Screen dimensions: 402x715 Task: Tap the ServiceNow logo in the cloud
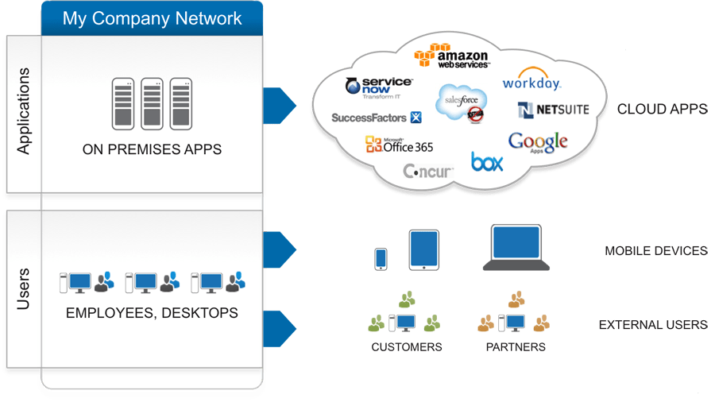[x=380, y=87]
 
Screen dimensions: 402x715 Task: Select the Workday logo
[x=531, y=82]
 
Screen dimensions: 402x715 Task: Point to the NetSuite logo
[x=553, y=109]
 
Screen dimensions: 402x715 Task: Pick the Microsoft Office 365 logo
[x=399, y=145]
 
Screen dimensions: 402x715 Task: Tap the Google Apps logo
[x=538, y=143]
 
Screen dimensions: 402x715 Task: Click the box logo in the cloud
[x=487, y=161]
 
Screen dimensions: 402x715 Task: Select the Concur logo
[x=428, y=171]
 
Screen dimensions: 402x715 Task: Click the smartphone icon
[x=381, y=258]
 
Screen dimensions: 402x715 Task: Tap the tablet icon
[x=423, y=250]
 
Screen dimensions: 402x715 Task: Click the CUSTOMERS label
[x=406, y=347]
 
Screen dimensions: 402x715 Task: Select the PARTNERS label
[x=516, y=347]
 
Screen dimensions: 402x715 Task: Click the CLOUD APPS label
[x=662, y=109]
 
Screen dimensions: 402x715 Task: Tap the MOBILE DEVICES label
[x=655, y=251]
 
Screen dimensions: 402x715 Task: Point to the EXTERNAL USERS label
[x=652, y=325]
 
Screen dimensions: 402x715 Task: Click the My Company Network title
[x=152, y=18]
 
